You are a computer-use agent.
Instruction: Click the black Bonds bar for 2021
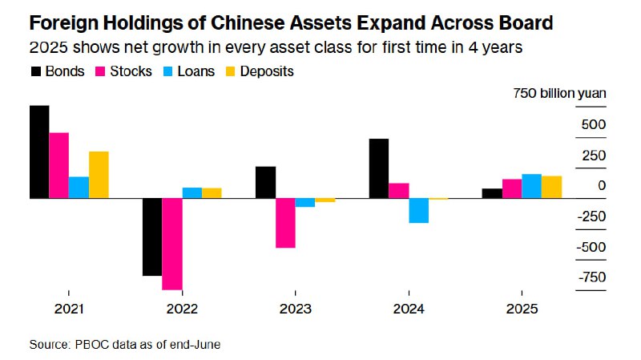[39, 152]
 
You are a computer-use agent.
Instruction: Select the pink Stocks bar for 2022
[171, 244]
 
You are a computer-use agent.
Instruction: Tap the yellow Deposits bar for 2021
[99, 175]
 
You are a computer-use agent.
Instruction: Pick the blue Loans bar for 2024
[418, 210]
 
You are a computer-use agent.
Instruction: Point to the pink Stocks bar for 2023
[284, 223]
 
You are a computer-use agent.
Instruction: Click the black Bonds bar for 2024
[378, 168]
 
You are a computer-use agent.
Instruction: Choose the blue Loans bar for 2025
[531, 186]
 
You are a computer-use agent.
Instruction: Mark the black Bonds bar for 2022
[152, 237]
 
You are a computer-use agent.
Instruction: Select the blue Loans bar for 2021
[79, 187]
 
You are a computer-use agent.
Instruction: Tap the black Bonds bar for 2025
[492, 193]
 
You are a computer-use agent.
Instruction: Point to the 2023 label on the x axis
[295, 309]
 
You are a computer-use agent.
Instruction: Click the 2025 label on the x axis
[522, 309]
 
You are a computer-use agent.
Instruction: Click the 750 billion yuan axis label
[559, 94]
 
